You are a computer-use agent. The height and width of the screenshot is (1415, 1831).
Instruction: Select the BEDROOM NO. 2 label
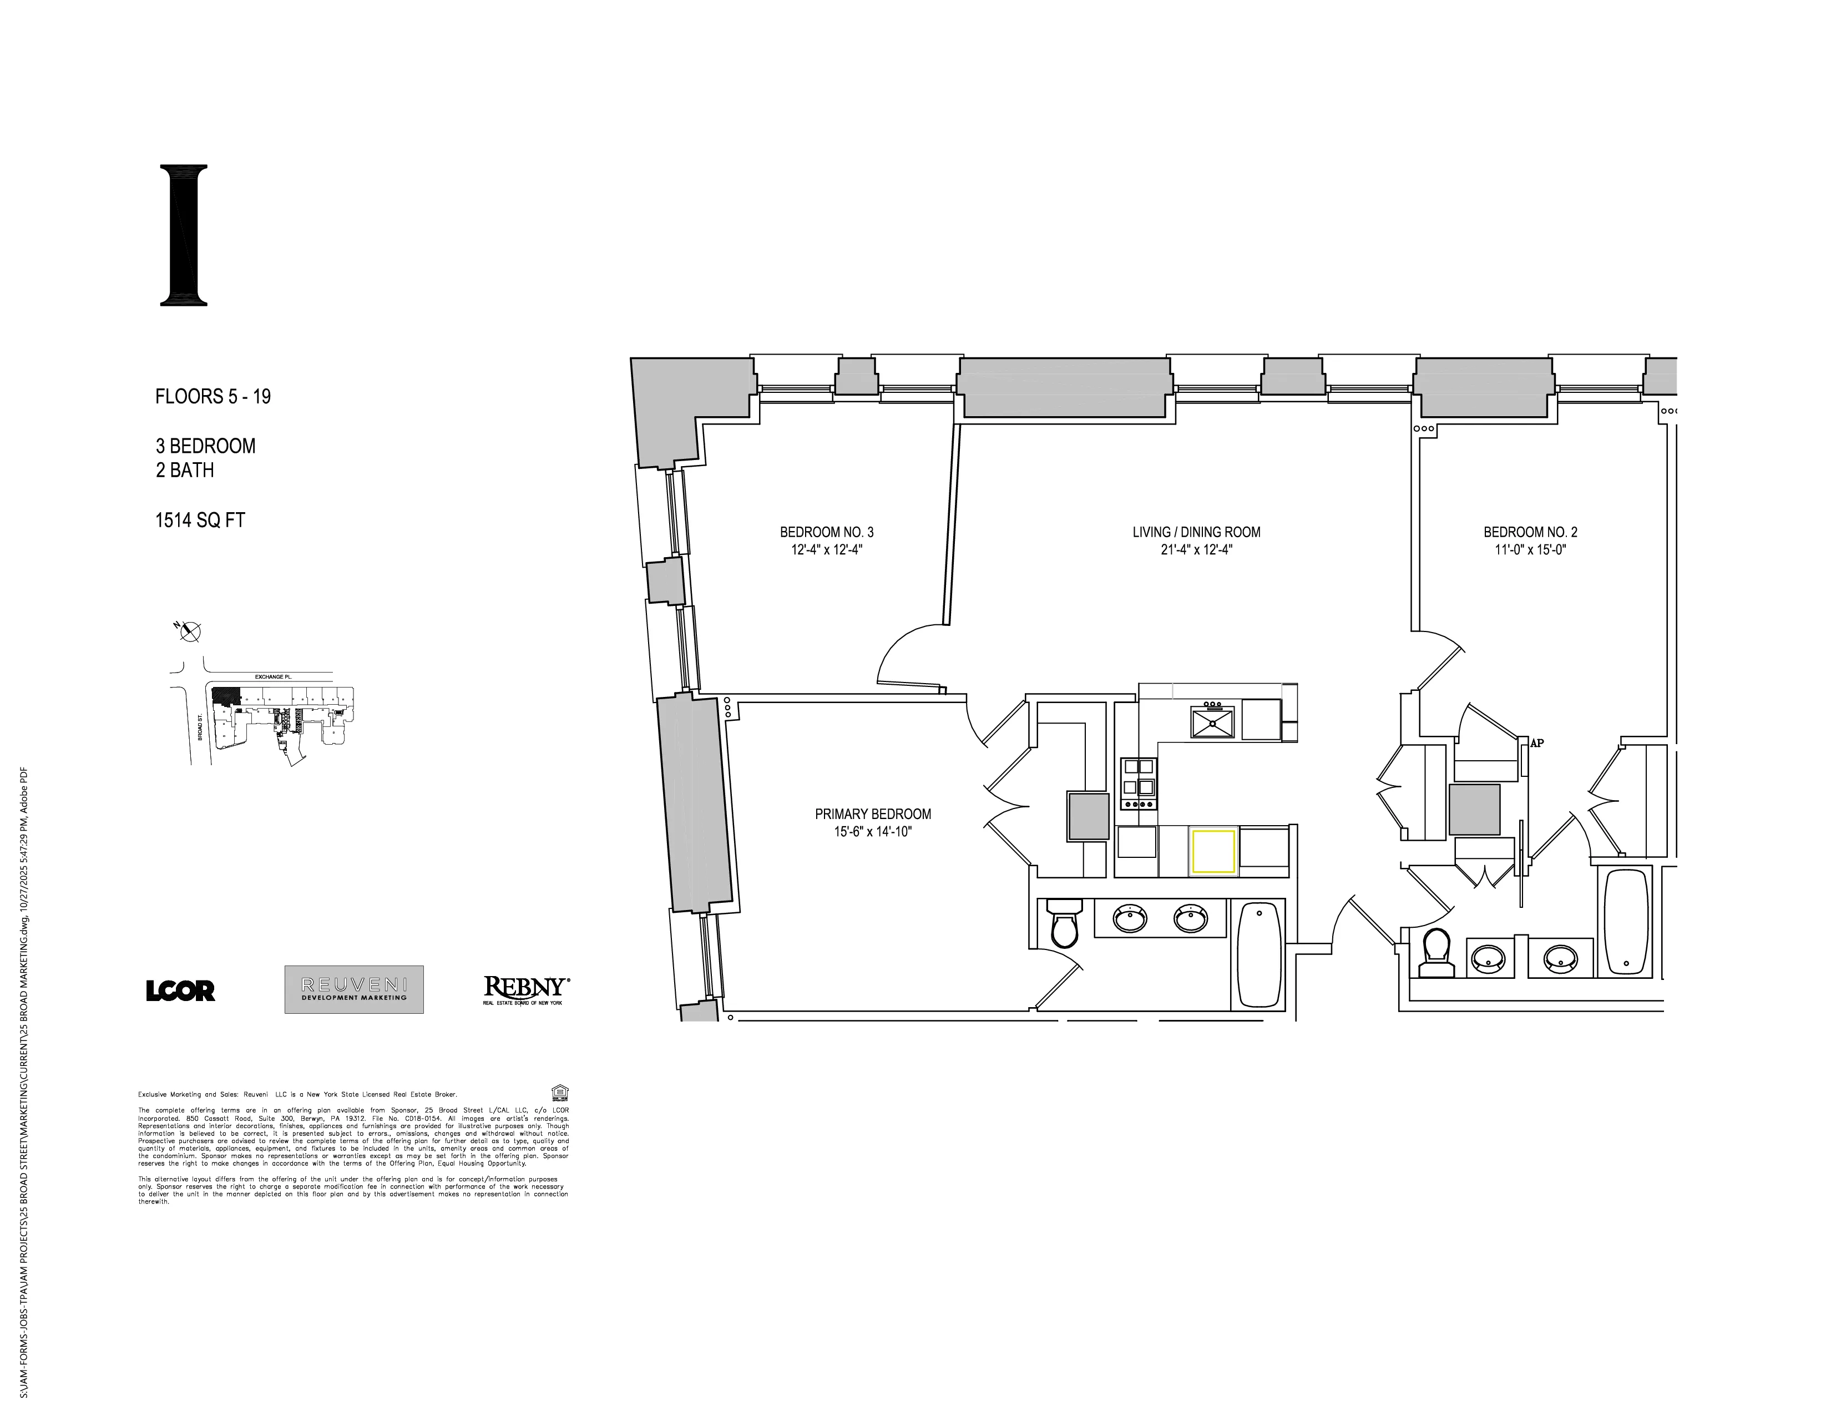point(1530,532)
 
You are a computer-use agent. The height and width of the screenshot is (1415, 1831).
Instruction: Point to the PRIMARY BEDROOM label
point(873,814)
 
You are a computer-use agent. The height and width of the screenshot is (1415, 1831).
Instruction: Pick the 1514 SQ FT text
point(200,520)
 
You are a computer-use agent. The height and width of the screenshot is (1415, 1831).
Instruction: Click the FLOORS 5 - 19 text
point(213,397)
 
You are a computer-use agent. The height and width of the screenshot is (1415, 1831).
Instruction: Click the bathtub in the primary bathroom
point(1260,955)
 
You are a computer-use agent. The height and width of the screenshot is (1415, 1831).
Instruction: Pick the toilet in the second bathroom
point(1436,954)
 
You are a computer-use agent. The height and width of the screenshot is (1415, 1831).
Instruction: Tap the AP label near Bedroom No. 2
point(1537,742)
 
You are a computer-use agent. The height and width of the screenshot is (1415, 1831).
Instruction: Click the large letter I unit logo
point(184,235)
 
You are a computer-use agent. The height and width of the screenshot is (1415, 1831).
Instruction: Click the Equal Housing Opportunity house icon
point(559,1092)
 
